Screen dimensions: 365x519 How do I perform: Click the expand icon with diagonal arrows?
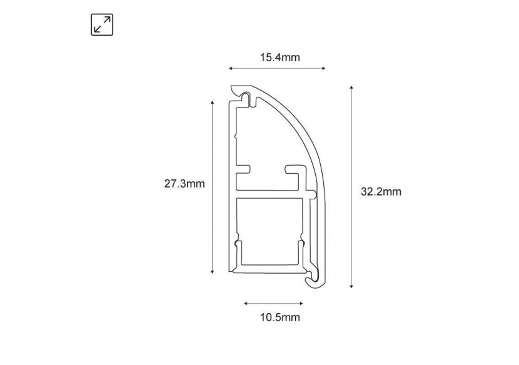(x=102, y=24)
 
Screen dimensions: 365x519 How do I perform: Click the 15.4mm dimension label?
(x=280, y=57)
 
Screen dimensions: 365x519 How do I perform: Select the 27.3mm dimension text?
(x=184, y=184)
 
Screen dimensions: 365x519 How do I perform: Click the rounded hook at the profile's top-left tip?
(x=237, y=92)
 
